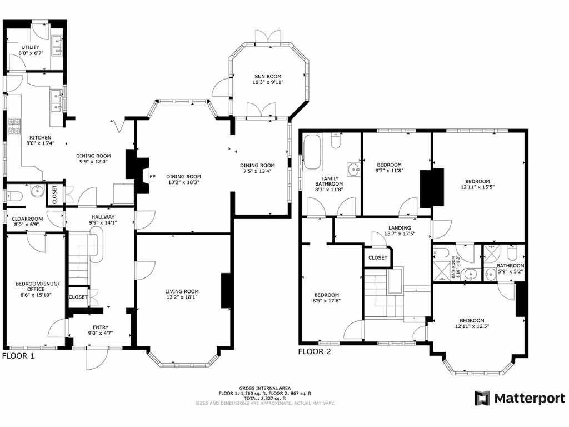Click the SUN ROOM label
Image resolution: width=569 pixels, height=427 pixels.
coord(268,76)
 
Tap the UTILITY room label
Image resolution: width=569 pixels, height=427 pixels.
coord(31,47)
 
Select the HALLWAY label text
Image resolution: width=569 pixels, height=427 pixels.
coord(103,217)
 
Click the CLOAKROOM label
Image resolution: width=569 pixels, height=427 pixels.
coord(28,219)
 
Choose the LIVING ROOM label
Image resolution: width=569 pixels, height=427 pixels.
coord(182,291)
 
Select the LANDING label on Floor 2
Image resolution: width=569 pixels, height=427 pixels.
coord(400,227)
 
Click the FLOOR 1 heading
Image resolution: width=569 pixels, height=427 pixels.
coord(18,356)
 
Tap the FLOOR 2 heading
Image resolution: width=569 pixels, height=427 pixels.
coord(315,351)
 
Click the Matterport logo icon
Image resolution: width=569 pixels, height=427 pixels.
coord(481,398)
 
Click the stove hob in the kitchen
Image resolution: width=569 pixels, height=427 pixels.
coord(13,125)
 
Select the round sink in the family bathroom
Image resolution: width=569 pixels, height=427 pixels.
coord(353,168)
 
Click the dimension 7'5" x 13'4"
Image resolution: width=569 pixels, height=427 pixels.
coord(257,171)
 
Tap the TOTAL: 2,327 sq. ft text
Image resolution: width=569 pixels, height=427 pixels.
coord(265,398)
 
